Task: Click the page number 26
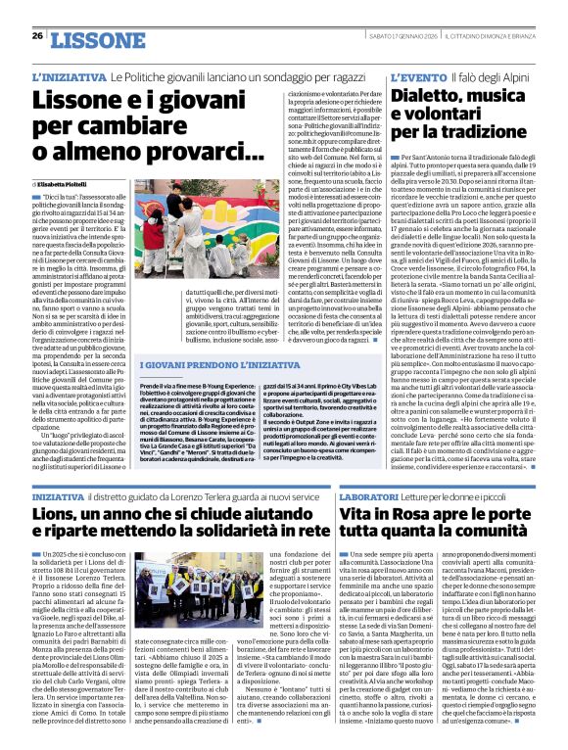coord(37,35)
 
